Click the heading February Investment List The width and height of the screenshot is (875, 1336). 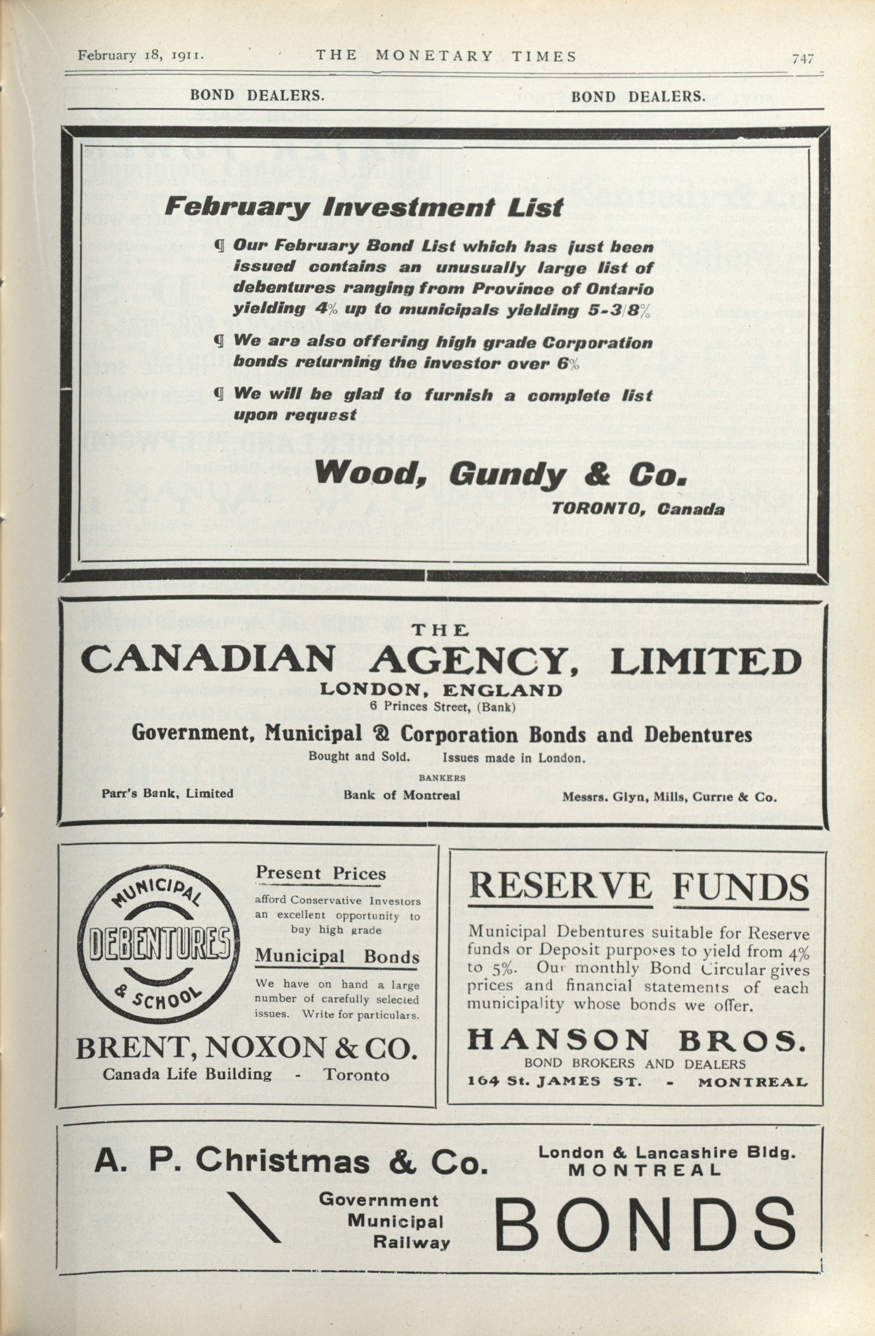(363, 208)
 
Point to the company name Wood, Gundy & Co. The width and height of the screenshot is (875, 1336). (501, 475)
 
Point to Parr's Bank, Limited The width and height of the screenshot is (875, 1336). (167, 793)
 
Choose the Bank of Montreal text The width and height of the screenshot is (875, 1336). (402, 795)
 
